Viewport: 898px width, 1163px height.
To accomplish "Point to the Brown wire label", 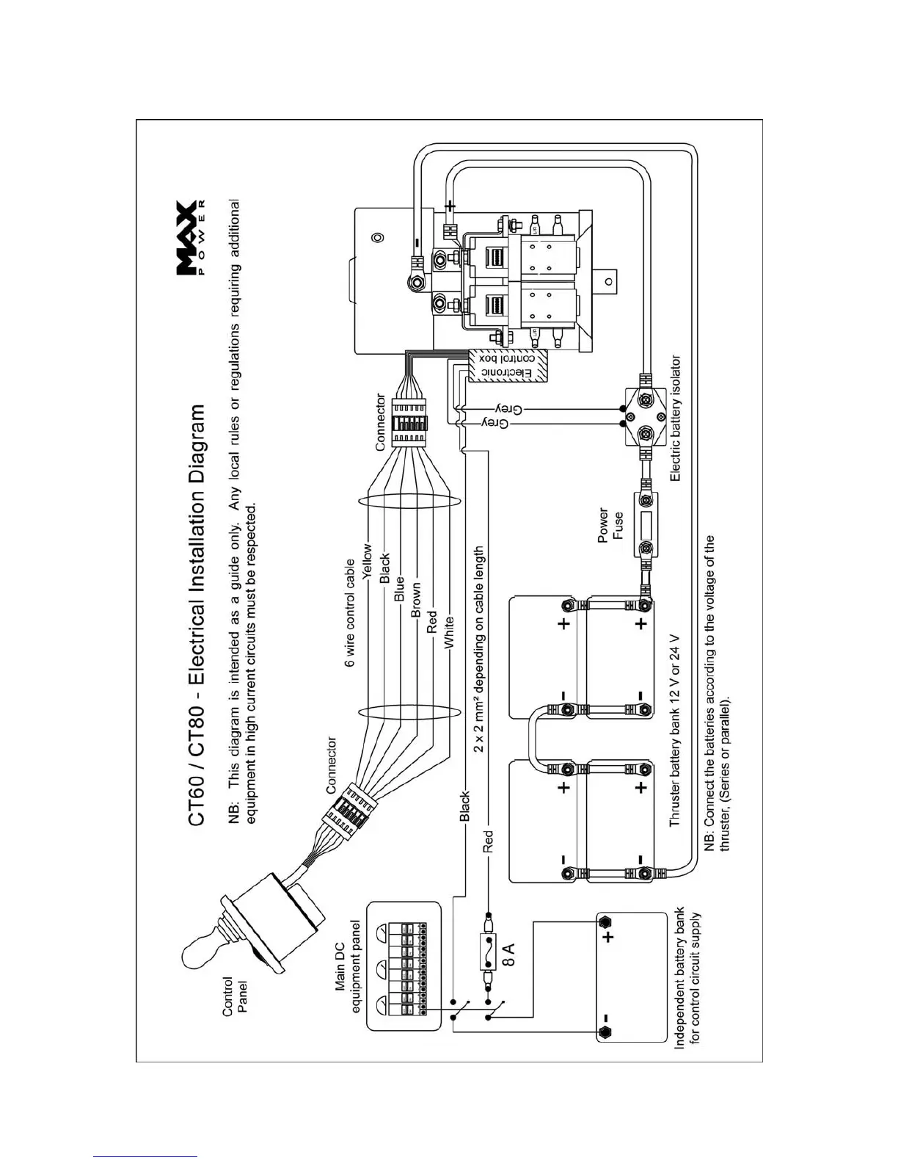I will click(x=416, y=600).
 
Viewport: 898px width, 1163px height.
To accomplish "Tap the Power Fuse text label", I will click(x=610, y=525).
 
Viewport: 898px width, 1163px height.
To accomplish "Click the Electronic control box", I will click(x=509, y=365).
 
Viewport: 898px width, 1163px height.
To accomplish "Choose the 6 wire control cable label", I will click(x=350, y=613).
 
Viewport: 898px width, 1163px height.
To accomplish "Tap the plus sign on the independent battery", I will click(x=608, y=938).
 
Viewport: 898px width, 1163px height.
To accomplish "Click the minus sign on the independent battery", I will click(x=608, y=1019).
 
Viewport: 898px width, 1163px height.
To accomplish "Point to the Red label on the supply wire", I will click(x=488, y=841).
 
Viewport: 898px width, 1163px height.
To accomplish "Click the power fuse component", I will click(x=645, y=526).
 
